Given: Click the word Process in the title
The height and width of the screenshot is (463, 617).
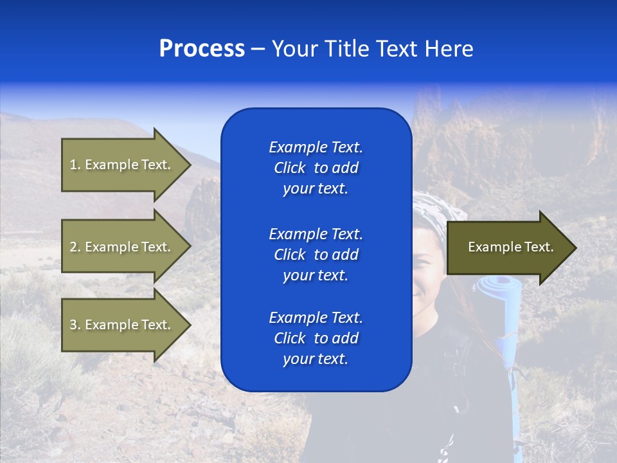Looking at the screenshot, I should (x=202, y=49).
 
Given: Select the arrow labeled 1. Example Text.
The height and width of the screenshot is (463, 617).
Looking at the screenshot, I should (x=122, y=165).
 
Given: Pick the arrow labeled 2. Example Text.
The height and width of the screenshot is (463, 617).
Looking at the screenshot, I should (x=122, y=247).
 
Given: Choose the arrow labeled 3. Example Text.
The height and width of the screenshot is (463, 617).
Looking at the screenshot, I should (x=122, y=325).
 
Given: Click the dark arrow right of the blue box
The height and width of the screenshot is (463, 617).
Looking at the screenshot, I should (x=508, y=248).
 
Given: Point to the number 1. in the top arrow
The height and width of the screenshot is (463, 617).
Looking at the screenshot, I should (x=75, y=165).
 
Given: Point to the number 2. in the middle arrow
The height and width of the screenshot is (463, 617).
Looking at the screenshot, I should (x=75, y=247).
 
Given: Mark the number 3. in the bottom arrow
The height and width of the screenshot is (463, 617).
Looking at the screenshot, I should (x=75, y=325).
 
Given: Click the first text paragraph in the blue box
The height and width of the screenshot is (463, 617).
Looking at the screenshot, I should (x=316, y=168).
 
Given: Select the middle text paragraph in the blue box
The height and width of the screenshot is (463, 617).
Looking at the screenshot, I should (x=316, y=255).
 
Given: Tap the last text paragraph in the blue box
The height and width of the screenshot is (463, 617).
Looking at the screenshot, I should (x=316, y=338).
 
